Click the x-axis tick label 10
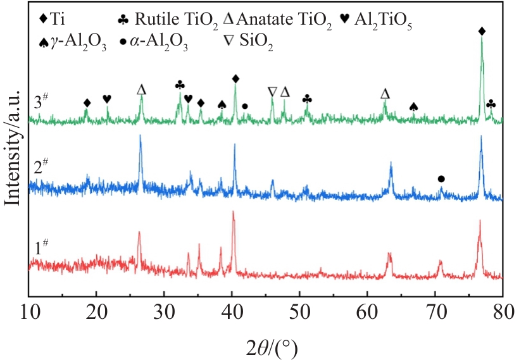pyautogui.click(x=29, y=311)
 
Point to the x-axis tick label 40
pyautogui.click(x=232, y=311)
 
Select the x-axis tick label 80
pyautogui.click(x=503, y=311)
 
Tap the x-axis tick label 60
pyautogui.click(x=367, y=311)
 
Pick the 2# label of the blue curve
pyautogui.click(x=46, y=169)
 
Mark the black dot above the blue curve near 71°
pyautogui.click(x=441, y=179)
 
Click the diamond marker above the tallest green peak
pyautogui.click(x=482, y=31)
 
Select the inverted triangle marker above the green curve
pyautogui.click(x=272, y=92)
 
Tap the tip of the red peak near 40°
pyautogui.click(x=234, y=212)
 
